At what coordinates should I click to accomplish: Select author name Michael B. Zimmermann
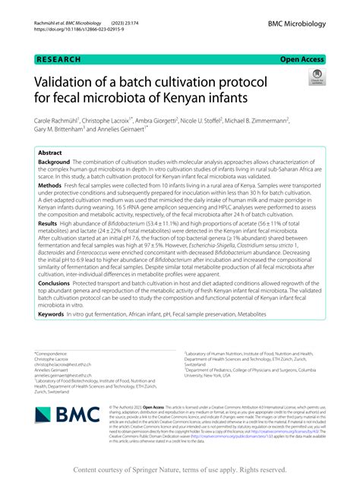(x=248, y=120)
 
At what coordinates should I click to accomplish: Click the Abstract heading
(x=50, y=153)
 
